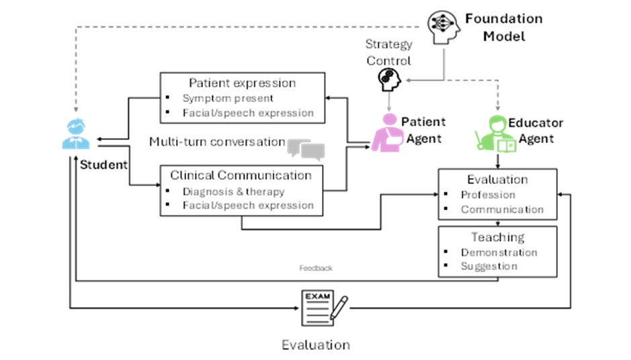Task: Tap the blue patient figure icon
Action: (x=75, y=134)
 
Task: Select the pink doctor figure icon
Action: (x=388, y=132)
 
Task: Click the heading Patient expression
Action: (x=242, y=83)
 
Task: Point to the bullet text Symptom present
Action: (x=228, y=98)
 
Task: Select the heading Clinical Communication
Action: (x=241, y=175)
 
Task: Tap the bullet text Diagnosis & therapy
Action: (x=234, y=191)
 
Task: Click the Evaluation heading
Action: (x=497, y=179)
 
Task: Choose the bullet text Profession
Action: (x=488, y=195)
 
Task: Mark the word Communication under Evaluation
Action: (x=502, y=209)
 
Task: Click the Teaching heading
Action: (x=497, y=237)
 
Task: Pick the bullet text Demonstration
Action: (x=499, y=253)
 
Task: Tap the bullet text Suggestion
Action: (x=489, y=266)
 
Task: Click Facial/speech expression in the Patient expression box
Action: (x=248, y=113)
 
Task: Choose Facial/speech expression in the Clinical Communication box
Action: (x=248, y=205)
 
